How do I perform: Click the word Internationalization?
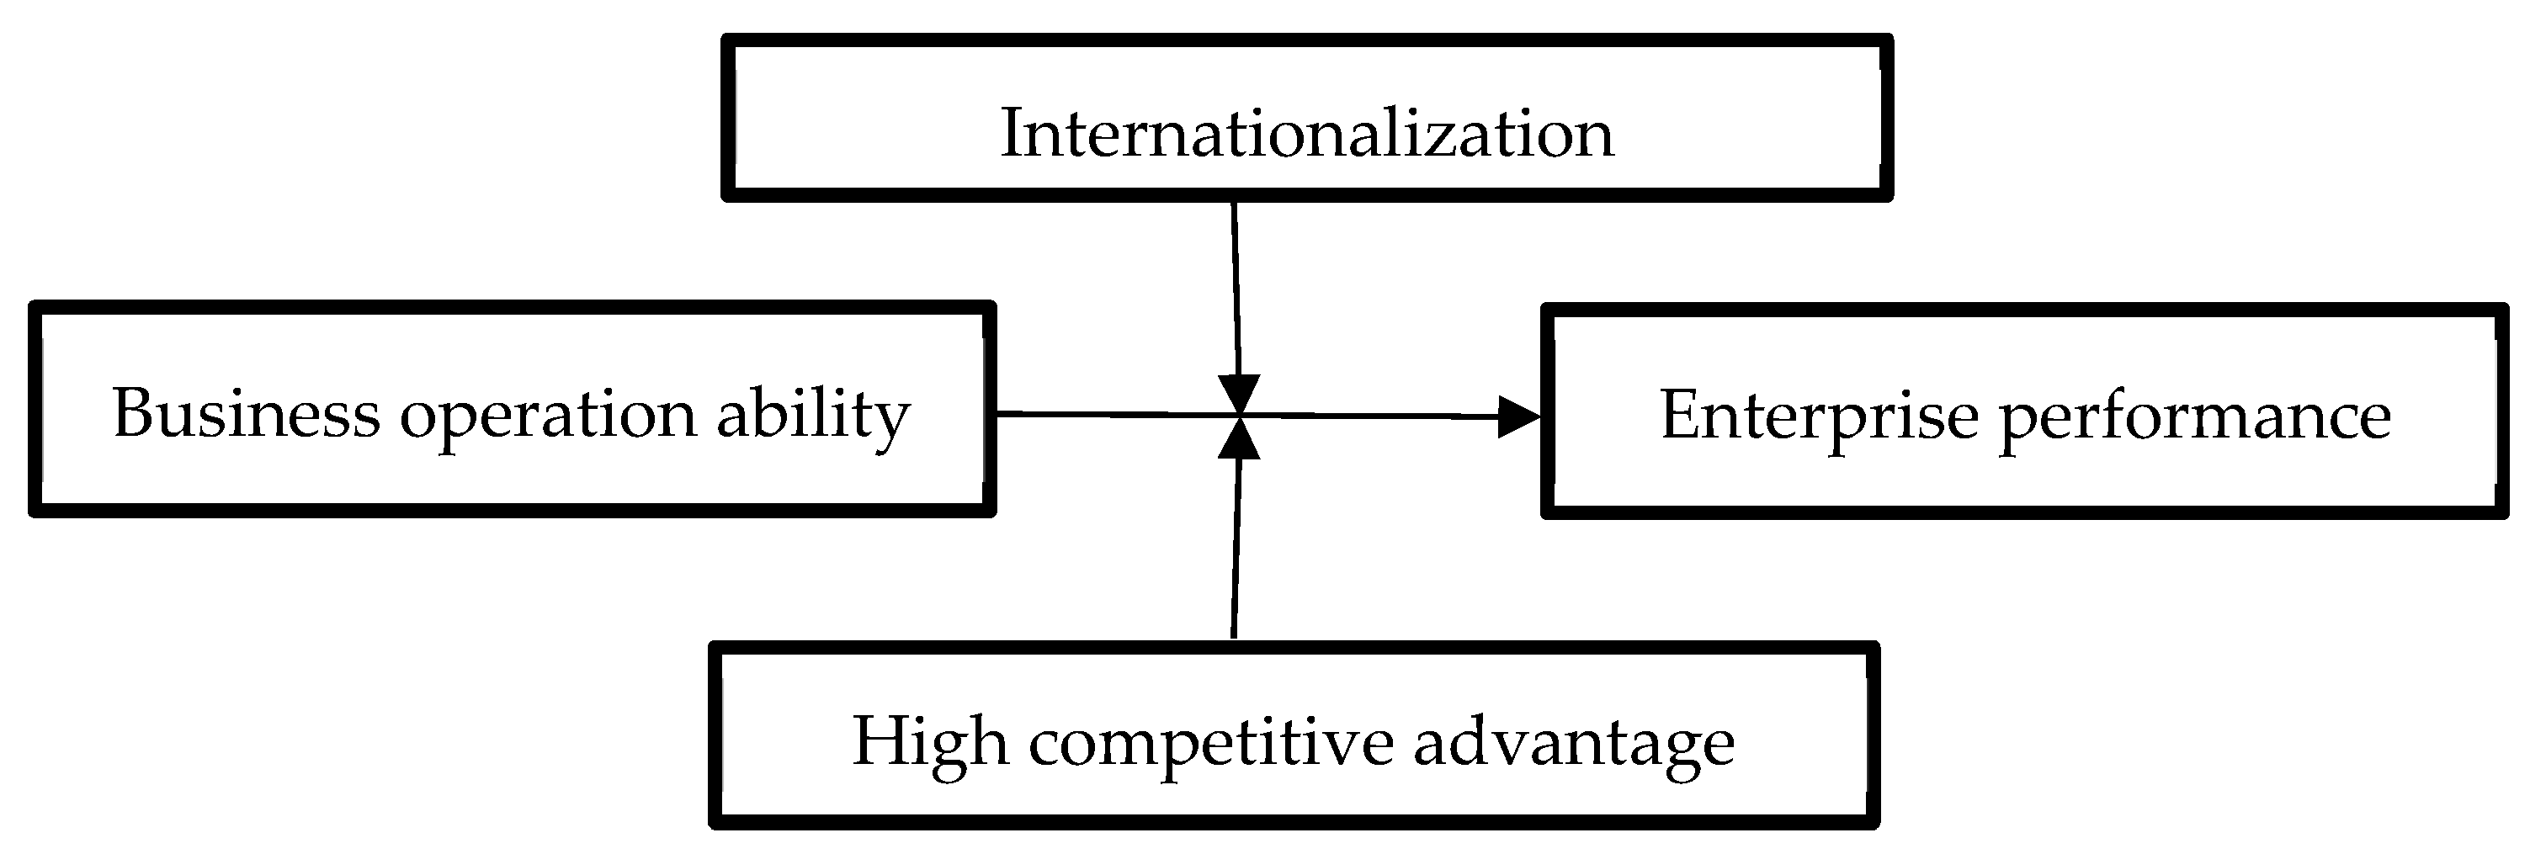point(1306,134)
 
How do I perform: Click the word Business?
point(246,413)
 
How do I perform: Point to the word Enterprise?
point(1819,416)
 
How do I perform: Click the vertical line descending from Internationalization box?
point(1236,284)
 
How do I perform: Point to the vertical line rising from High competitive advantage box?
point(1236,549)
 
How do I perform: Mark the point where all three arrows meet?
point(1240,416)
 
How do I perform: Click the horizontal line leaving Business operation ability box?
point(1100,414)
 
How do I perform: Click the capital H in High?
point(876,741)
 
